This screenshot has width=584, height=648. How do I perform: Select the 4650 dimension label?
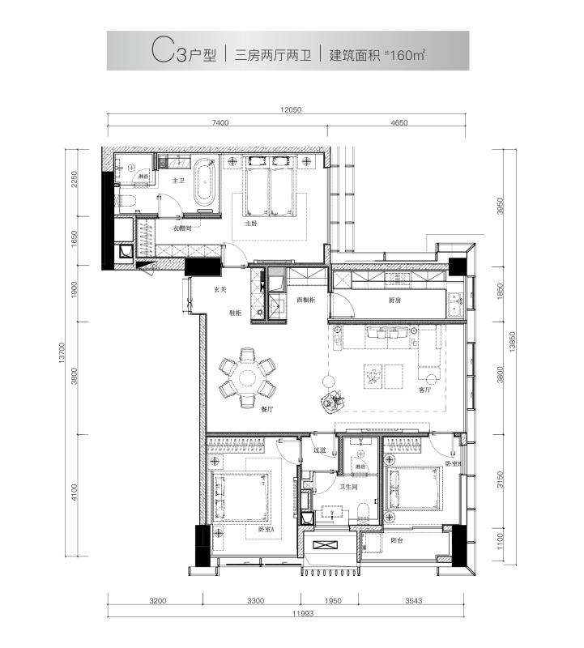[397, 123]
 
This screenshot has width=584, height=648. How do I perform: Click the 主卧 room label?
[252, 223]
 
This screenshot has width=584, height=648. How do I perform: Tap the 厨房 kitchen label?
[395, 300]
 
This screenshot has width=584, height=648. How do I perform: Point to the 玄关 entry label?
[220, 288]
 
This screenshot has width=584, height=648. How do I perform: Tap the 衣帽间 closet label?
[182, 229]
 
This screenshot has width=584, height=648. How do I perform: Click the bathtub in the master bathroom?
[202, 191]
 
